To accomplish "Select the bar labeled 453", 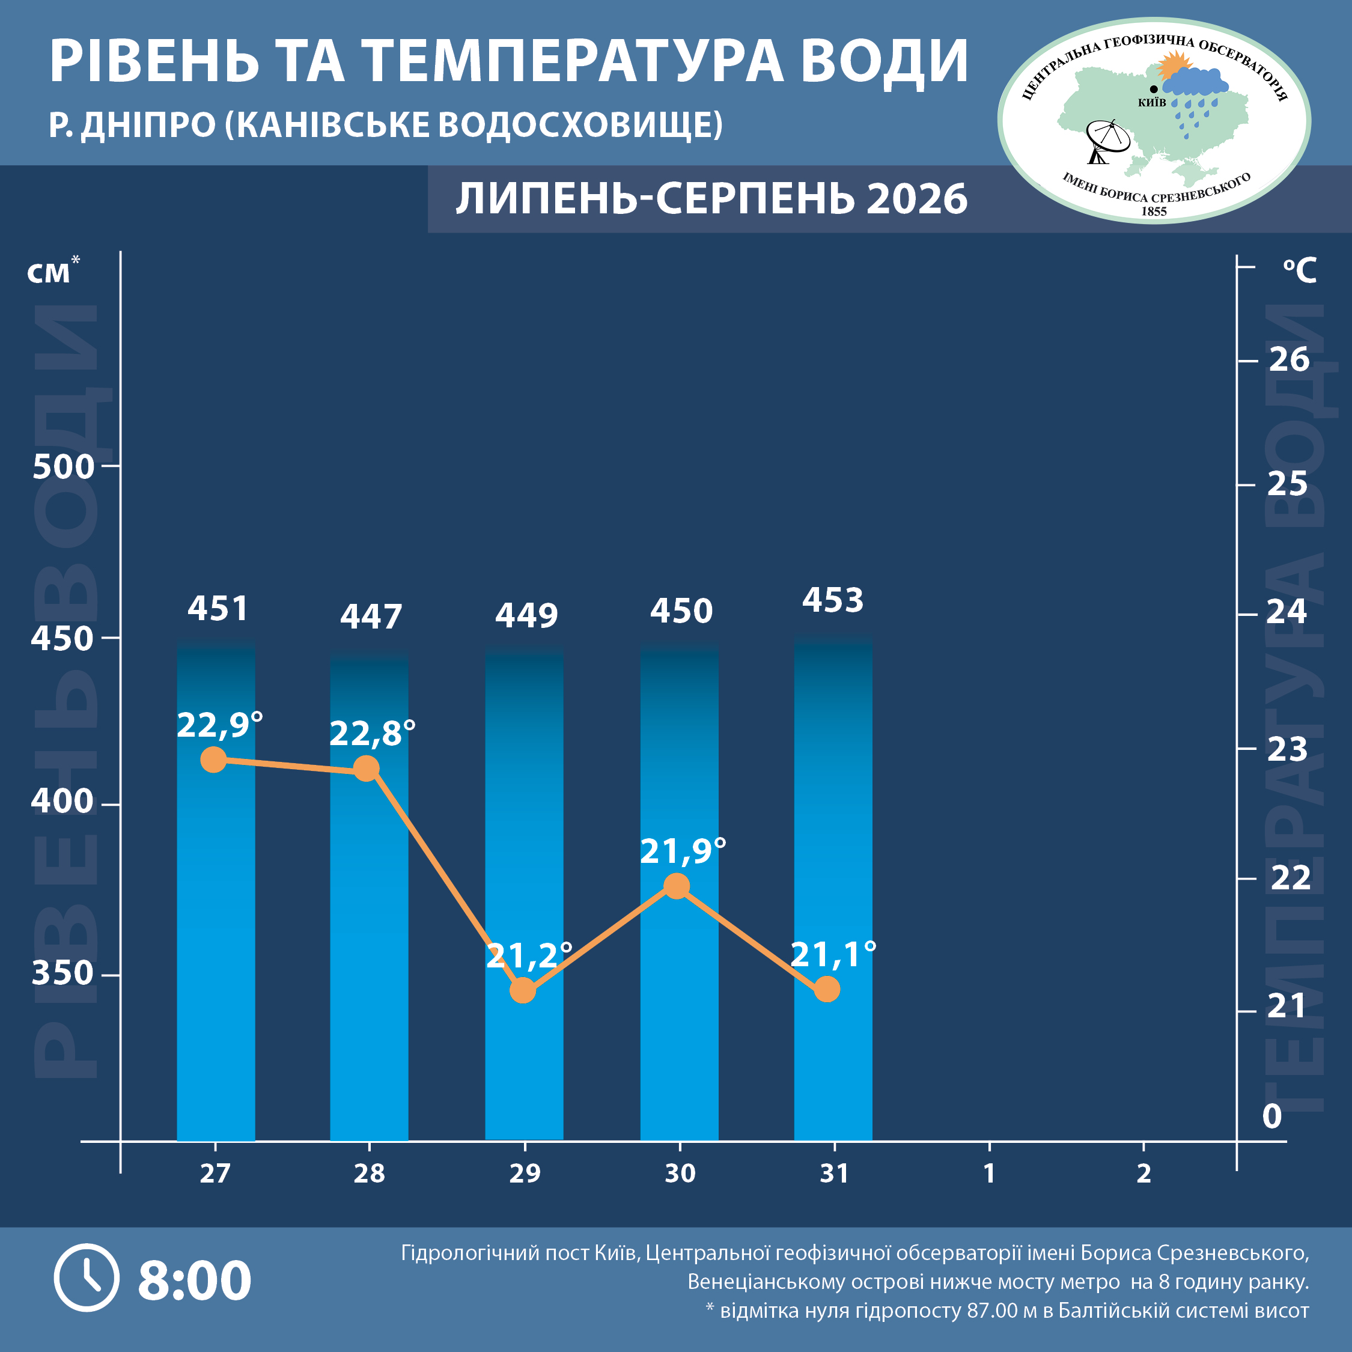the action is tap(833, 888).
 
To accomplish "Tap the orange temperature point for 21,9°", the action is tap(676, 887).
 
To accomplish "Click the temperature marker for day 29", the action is tap(523, 990).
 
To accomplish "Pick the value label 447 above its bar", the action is tap(371, 617).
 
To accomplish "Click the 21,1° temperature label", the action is tap(833, 955).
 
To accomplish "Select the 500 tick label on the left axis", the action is tap(63, 467).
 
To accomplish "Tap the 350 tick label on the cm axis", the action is tap(62, 973).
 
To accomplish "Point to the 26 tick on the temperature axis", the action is tap(1289, 360).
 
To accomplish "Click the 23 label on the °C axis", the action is tap(1288, 749).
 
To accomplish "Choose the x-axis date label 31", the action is tap(834, 1174).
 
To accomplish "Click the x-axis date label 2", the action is tap(1143, 1174).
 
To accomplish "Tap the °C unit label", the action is tap(1300, 270).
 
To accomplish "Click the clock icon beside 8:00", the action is tap(87, 1278).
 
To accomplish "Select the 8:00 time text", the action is tap(195, 1280).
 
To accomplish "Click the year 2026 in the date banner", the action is tap(917, 199).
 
